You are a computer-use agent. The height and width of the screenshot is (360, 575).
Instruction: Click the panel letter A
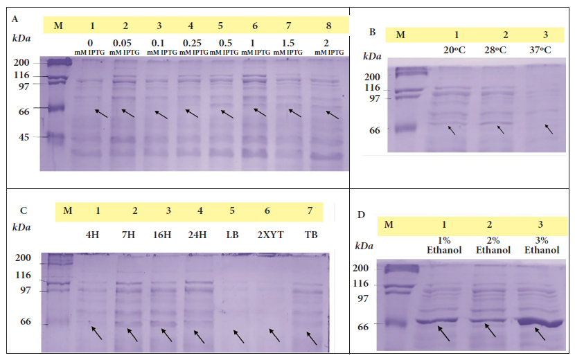pos(15,19)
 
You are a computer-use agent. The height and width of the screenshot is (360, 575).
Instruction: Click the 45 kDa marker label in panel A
pos(21,137)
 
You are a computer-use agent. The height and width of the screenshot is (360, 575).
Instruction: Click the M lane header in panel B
pos(400,35)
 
